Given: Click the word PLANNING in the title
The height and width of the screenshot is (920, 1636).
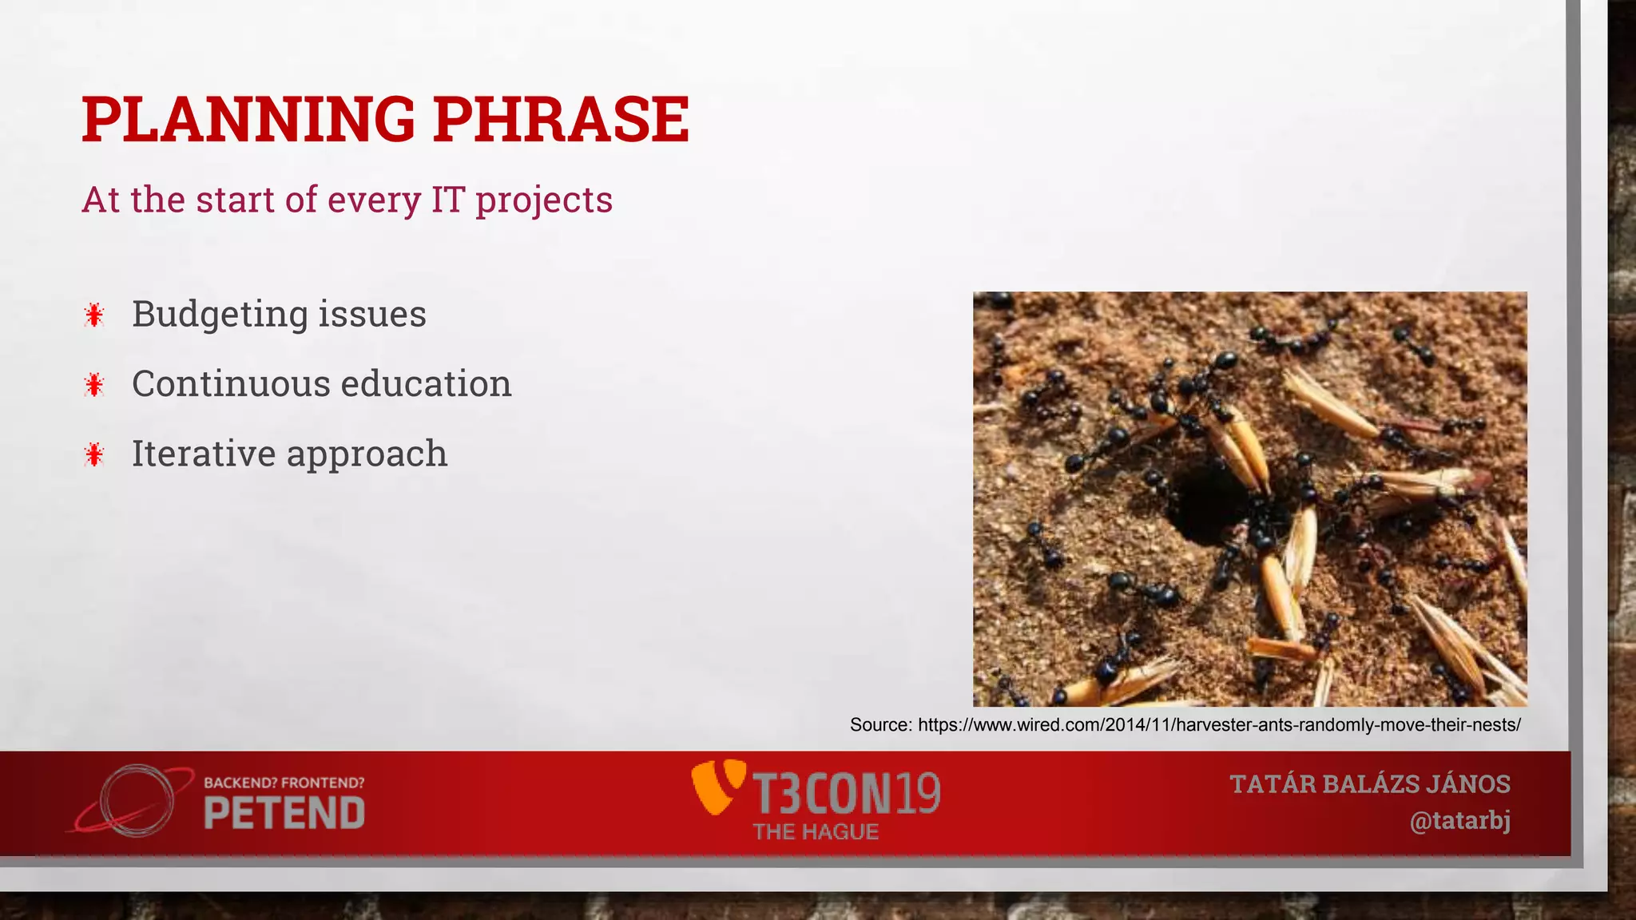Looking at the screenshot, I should coord(248,120).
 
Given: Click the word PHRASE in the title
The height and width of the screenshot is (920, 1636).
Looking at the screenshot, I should coord(562,120).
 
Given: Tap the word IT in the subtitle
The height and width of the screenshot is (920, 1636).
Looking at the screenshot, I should coord(447,200).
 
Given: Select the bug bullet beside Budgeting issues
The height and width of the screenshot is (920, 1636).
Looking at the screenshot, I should coord(94,315).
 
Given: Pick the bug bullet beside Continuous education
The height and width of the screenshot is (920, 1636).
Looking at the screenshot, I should coord(94,385).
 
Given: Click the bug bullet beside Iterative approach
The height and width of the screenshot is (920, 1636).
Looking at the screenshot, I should coord(94,455).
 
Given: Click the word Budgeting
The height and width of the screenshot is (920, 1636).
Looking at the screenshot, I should coord(219,315).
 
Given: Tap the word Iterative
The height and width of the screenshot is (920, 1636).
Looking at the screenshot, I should coord(203,454).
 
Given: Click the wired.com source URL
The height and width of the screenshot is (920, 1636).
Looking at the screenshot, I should coord(1218,725).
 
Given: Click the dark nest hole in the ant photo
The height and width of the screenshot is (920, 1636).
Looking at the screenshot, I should coord(1206,503).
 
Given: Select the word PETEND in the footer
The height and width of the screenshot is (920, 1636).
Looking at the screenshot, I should coord(284,814).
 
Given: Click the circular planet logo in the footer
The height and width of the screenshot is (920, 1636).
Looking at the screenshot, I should coord(136,801).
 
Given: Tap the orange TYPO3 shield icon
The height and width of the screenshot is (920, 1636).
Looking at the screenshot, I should coord(717,787).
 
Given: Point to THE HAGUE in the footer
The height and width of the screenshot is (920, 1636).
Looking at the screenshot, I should coord(816,832).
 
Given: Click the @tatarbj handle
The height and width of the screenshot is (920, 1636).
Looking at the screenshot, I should coord(1459,821).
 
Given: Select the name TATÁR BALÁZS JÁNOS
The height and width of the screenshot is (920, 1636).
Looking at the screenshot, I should coord(1369,784).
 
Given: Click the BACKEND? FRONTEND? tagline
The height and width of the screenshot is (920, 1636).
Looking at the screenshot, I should coord(284,783).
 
